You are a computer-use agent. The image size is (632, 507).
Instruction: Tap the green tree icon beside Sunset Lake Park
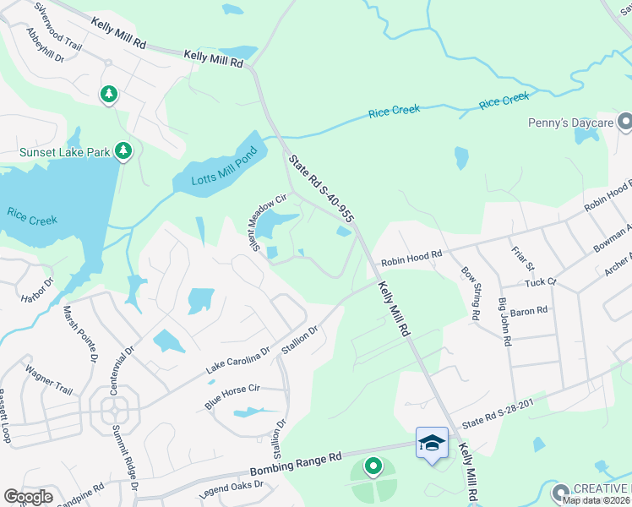(x=124, y=151)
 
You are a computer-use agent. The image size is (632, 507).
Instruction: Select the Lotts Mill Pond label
(x=212, y=169)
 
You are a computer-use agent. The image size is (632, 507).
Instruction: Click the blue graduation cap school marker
(x=432, y=443)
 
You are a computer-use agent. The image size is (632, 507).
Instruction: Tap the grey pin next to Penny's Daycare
(x=625, y=124)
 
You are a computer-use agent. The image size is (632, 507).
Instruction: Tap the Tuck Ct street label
(x=541, y=281)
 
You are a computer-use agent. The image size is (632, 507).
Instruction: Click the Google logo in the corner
(x=28, y=497)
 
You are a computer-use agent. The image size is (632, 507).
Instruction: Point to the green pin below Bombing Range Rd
(x=373, y=466)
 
